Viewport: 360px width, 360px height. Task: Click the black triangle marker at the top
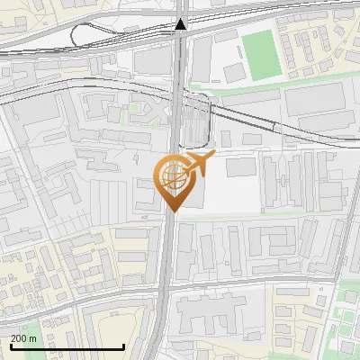coord(181,24)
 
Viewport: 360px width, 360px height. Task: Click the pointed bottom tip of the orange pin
coord(172,211)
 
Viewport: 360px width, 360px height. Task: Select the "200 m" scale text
coord(24,338)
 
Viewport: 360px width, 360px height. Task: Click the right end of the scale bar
coord(123,346)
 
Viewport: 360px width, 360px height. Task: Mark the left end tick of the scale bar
coord(10,346)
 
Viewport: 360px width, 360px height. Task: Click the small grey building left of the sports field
coord(234,72)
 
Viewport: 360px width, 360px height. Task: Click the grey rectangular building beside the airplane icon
coord(239,166)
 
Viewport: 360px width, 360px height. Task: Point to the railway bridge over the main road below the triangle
coord(180,49)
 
